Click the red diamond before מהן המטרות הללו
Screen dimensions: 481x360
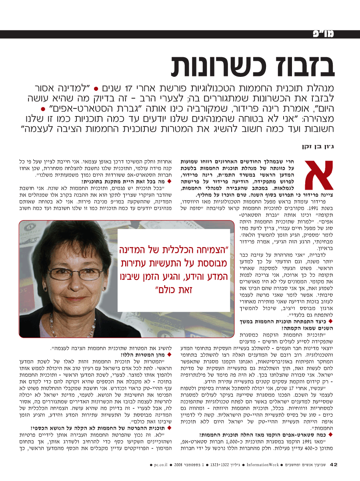tap(169, 355)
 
